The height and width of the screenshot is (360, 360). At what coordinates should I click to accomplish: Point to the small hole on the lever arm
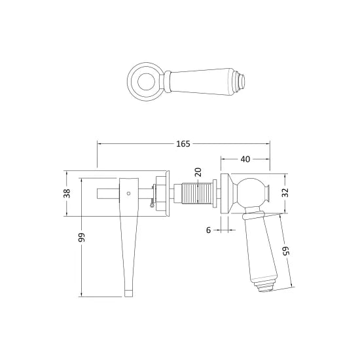click(x=128, y=194)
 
